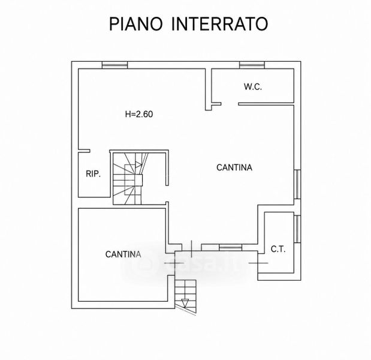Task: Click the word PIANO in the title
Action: click(x=136, y=24)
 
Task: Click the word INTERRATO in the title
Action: click(x=219, y=24)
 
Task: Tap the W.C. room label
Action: click(x=253, y=86)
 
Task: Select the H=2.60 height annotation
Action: click(x=139, y=114)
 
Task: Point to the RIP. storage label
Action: click(x=93, y=174)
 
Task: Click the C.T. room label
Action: click(x=278, y=249)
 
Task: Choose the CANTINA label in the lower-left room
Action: click(x=123, y=254)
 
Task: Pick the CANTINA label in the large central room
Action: click(x=234, y=167)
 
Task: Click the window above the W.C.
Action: click(x=252, y=65)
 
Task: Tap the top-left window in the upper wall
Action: click(x=114, y=65)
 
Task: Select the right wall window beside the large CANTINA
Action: click(x=297, y=184)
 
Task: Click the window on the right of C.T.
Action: click(x=297, y=229)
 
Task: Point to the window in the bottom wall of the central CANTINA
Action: click(x=231, y=247)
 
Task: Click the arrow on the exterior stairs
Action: click(x=185, y=304)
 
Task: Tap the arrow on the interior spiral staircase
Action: click(x=138, y=164)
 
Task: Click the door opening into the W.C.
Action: click(x=230, y=104)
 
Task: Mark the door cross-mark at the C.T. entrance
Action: click(x=258, y=263)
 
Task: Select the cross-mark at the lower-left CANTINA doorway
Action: click(x=174, y=263)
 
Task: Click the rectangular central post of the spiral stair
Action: click(x=138, y=180)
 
